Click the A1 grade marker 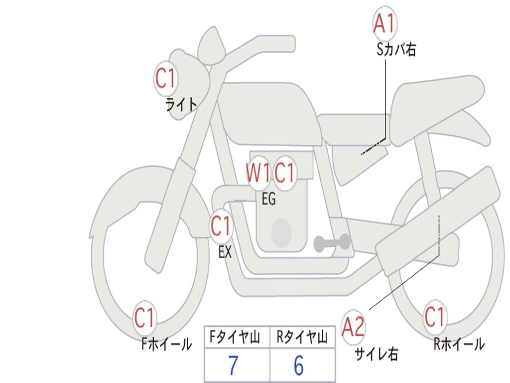tap(384, 23)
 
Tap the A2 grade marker tap(354, 327)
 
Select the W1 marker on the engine tap(257, 173)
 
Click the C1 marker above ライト tap(166, 78)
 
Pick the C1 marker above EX tap(221, 226)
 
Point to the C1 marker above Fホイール tap(144, 318)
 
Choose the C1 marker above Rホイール tap(434, 317)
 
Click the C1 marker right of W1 tap(284, 173)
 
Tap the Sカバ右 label tap(396, 49)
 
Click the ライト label tap(181, 105)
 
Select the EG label tap(269, 198)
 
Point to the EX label tap(225, 252)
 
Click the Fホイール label tap(166, 344)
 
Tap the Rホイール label tap(459, 344)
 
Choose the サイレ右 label tap(377, 354)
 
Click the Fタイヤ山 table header tap(235, 337)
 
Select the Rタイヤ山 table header tap(302, 337)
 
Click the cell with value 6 tap(302, 365)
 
